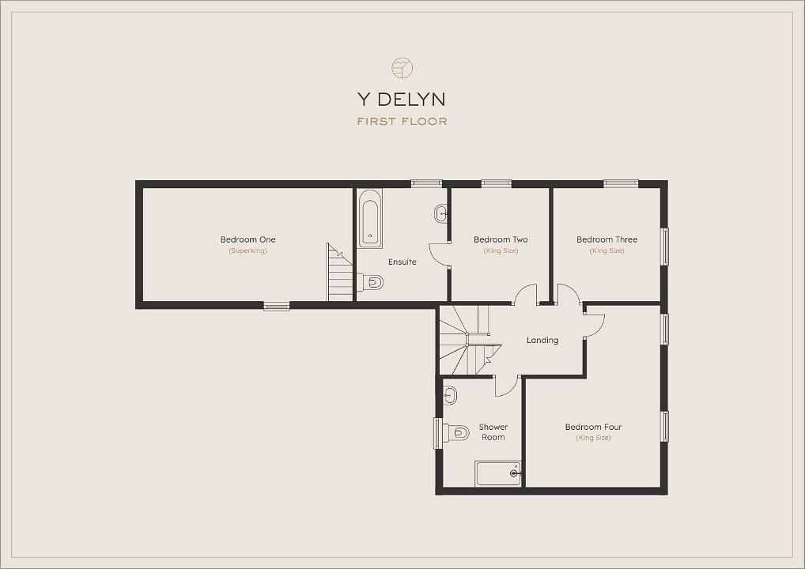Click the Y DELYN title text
coord(402,99)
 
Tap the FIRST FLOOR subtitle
coord(402,122)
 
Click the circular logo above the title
coord(402,68)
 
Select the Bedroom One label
coord(248,239)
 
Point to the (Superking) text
coord(248,251)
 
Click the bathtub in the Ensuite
coord(369,219)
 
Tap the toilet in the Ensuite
coord(370,282)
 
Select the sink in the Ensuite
coord(441,213)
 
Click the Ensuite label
coord(402,262)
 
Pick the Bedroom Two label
coord(501,239)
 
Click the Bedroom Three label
coord(607,239)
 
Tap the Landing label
coord(542,340)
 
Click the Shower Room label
coord(493,432)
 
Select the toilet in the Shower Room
coord(456,432)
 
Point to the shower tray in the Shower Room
coord(498,473)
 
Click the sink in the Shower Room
coord(450,395)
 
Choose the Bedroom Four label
coord(594,427)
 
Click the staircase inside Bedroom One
coord(340,272)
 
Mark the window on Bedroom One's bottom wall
coord(277,307)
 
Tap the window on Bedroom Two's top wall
coord(497,183)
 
